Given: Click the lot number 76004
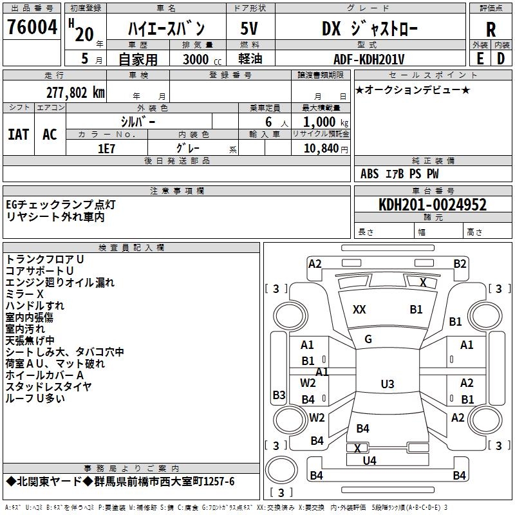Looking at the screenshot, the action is [32, 28].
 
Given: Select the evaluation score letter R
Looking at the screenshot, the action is [491, 30].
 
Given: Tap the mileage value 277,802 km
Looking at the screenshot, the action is [75, 93].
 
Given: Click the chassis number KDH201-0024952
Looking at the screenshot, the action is [433, 205].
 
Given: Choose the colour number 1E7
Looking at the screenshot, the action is [106, 148].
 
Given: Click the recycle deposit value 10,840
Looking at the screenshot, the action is [320, 149].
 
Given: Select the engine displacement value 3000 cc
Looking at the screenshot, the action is [196, 59].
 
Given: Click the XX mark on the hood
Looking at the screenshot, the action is [359, 310].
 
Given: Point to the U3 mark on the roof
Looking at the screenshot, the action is [387, 384].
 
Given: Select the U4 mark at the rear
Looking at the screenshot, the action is [370, 460].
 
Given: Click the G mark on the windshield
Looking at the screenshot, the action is [368, 339].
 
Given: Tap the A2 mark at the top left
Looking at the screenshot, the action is [315, 263].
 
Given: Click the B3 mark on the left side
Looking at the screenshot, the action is [279, 395].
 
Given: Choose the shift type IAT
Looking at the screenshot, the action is [18, 134].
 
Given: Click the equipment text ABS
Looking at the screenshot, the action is [370, 174].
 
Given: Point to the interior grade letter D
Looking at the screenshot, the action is [501, 58].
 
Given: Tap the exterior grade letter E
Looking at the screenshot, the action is [480, 58].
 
